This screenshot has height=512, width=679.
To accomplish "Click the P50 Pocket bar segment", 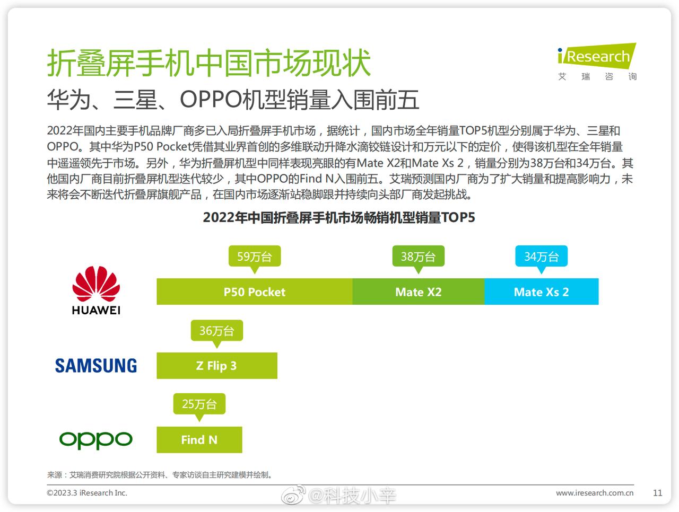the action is [x=254, y=292].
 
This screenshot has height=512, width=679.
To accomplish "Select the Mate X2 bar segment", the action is [x=418, y=292].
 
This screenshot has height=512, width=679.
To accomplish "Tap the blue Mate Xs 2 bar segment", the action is [x=542, y=292].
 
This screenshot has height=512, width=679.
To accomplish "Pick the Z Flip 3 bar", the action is [x=217, y=366].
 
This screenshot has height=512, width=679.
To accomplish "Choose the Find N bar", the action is [x=199, y=440].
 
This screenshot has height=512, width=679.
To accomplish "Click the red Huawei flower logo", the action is [x=96, y=284].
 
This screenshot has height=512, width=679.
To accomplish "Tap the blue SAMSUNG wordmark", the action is [x=96, y=366].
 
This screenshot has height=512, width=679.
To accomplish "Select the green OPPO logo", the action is [x=96, y=440].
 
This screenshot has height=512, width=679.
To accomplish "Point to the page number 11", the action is [x=657, y=492].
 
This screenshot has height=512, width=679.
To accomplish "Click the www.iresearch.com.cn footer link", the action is [x=595, y=492].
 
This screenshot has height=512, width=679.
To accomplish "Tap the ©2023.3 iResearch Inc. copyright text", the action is [x=87, y=492].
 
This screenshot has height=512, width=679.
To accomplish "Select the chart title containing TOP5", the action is [x=339, y=217].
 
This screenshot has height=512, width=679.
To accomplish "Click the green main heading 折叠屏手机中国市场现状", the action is [x=209, y=63].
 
